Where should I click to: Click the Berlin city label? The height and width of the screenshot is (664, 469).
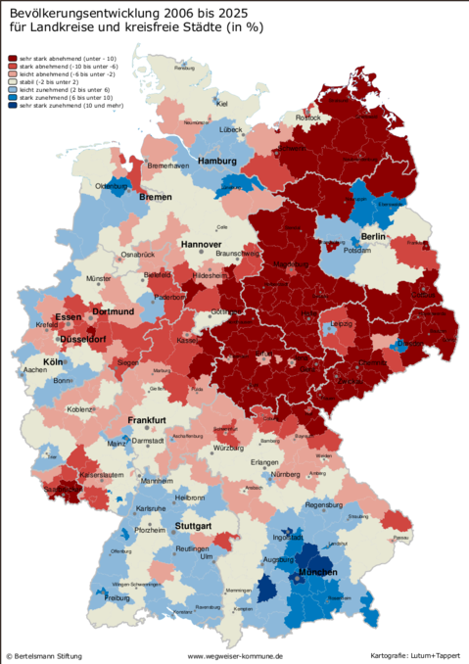pos(376,237)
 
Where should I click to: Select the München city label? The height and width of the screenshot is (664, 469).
pos(317,572)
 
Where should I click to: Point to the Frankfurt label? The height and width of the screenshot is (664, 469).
pos(150,420)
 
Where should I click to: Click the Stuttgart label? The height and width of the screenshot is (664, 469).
pos(193,527)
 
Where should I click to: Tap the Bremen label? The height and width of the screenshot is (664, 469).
pos(155,197)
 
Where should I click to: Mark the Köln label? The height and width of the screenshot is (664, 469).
pos(53,361)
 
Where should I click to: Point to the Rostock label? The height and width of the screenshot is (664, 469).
pos(307,118)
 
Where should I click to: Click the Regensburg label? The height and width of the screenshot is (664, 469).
pos(324,505)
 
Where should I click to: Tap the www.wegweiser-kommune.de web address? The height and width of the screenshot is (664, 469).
pos(235,655)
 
